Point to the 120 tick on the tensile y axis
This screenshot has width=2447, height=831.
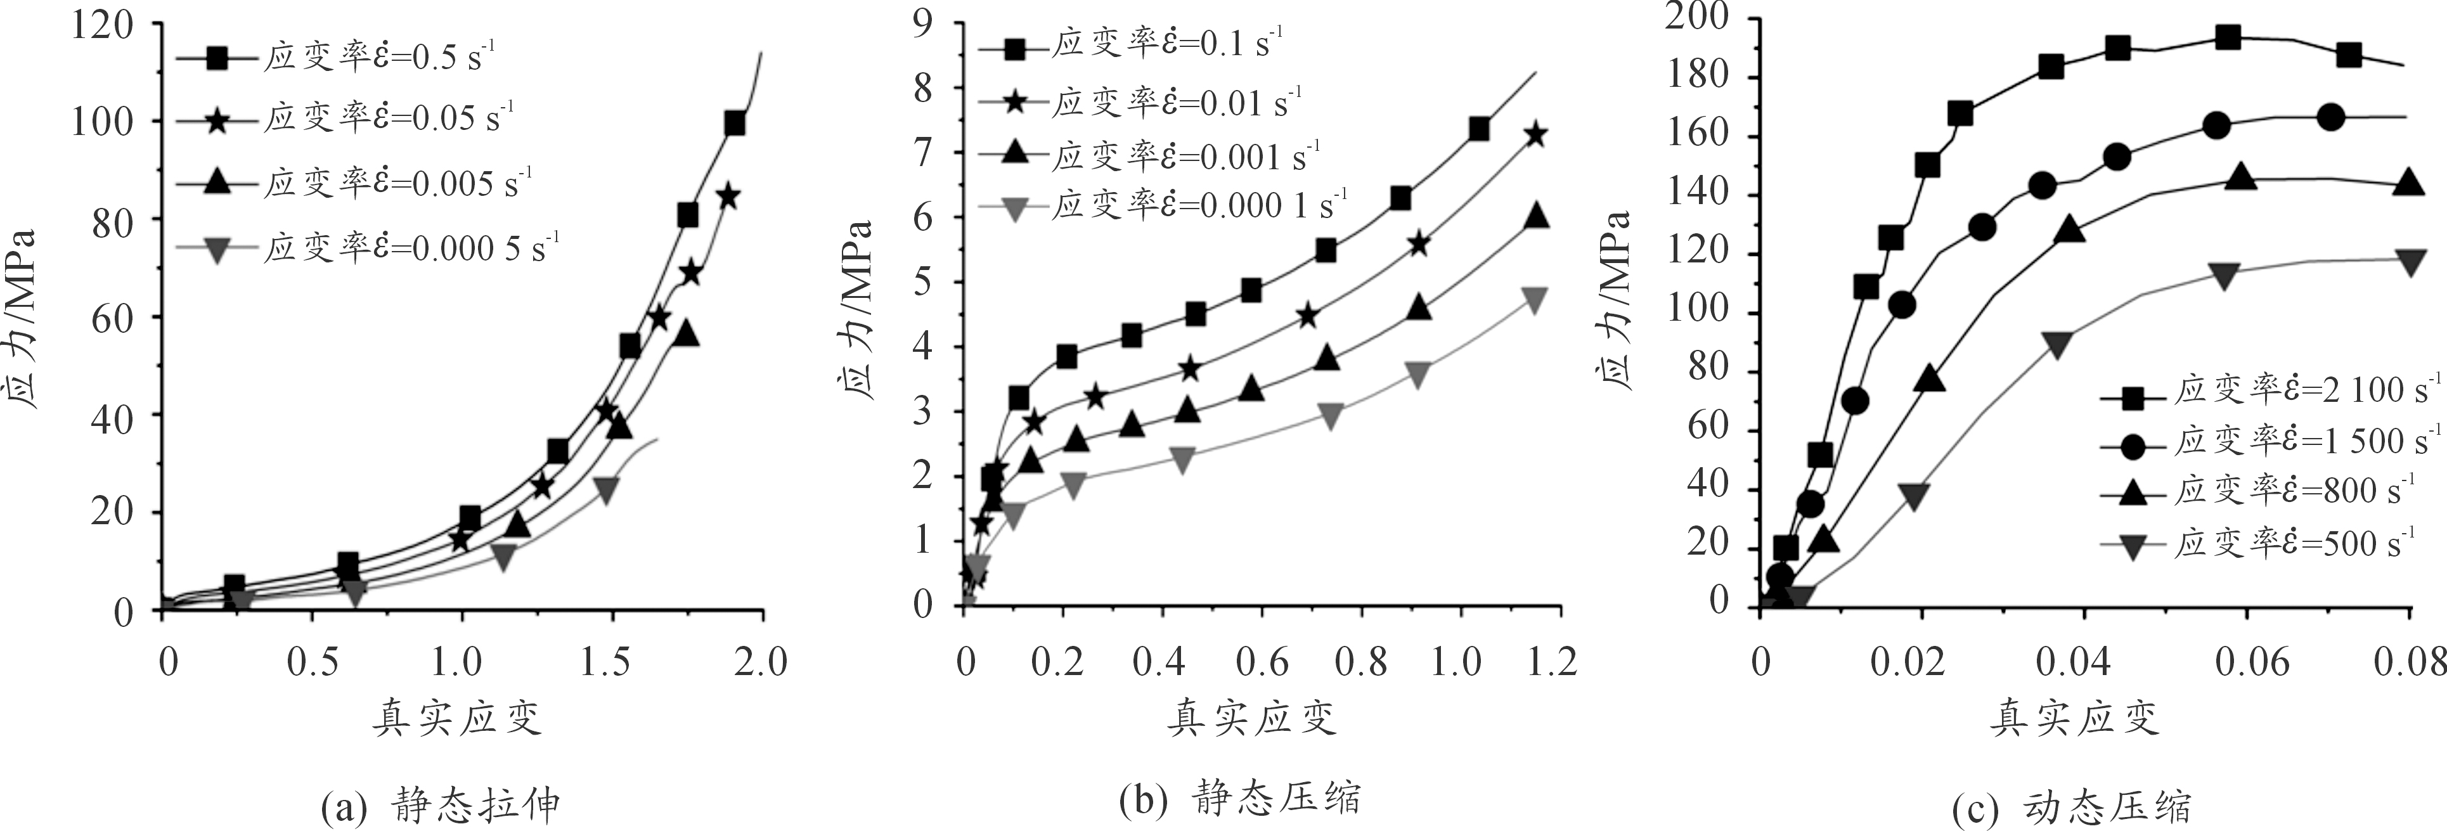click(103, 23)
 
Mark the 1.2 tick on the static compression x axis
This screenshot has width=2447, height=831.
click(1553, 661)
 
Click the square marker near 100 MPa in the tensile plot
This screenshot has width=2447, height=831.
click(734, 124)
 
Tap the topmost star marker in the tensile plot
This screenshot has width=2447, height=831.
click(728, 196)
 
